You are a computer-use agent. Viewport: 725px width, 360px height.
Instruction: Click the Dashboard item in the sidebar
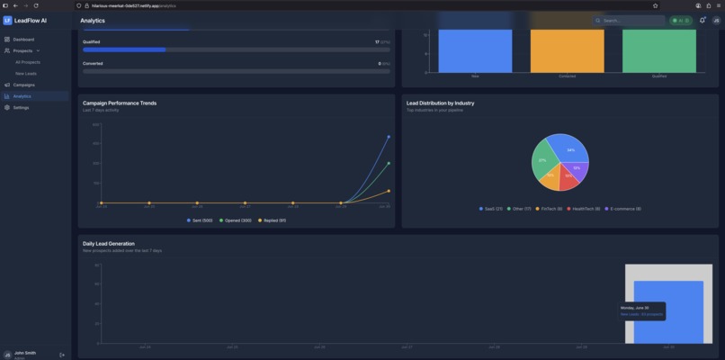pos(23,40)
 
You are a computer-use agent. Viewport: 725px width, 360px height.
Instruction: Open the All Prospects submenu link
pos(27,62)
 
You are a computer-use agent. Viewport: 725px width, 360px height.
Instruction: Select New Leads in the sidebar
pos(26,73)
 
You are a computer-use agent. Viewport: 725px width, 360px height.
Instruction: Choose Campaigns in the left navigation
pos(23,85)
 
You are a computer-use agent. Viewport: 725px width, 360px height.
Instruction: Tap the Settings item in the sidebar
pos(21,107)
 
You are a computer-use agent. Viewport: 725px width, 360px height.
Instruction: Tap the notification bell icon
pos(702,20)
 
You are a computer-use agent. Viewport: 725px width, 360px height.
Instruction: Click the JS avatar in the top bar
pos(716,20)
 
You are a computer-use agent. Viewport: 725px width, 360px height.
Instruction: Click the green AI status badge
pos(681,20)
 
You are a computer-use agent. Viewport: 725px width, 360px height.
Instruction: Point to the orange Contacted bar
pos(567,49)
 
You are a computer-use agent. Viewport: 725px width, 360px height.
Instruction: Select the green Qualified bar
pos(658,49)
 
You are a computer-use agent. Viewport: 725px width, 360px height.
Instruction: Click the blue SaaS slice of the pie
pos(570,150)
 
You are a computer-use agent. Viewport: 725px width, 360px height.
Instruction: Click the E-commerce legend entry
pos(623,209)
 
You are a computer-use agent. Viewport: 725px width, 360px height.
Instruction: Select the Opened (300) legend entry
pos(236,220)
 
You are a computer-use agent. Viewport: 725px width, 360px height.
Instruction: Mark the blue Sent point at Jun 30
pos(389,137)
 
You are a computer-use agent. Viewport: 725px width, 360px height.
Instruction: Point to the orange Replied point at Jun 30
pos(389,191)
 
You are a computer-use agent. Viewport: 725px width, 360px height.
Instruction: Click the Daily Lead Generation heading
pos(109,244)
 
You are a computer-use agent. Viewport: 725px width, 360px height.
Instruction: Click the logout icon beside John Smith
pos(62,355)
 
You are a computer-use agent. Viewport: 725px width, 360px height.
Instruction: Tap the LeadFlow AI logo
pos(8,20)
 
